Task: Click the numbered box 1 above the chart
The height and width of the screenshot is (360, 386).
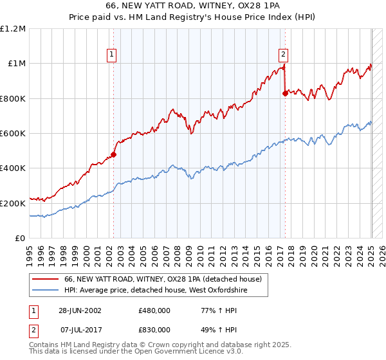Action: (x=113, y=55)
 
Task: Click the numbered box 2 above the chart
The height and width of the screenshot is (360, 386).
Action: (x=283, y=55)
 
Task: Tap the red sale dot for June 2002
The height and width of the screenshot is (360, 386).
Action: (x=113, y=154)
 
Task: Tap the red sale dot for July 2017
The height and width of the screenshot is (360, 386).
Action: (x=285, y=93)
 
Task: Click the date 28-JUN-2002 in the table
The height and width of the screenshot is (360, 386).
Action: (x=79, y=310)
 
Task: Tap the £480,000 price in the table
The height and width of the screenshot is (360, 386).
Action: (x=154, y=310)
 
